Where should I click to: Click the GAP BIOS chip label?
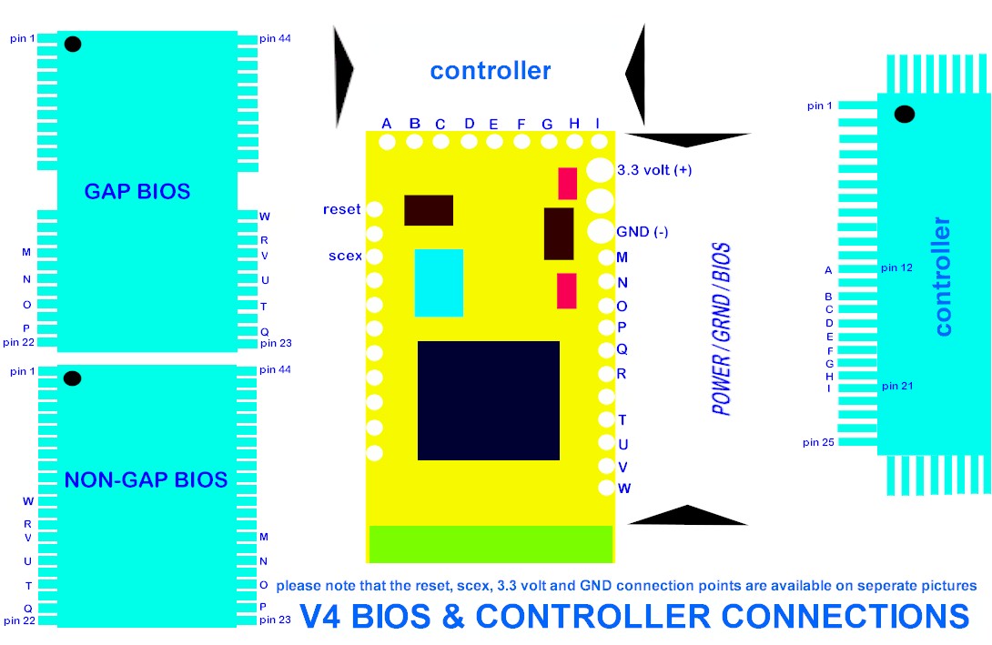coord(137,192)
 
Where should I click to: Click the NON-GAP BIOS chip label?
coord(146,479)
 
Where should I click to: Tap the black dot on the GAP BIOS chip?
coord(73,44)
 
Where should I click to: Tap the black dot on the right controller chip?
coord(904,115)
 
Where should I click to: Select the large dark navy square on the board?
coord(488,400)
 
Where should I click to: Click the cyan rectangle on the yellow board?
coord(439,283)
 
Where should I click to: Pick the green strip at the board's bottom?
coord(491,544)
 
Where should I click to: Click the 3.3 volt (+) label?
coord(653,170)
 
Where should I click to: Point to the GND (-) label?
coord(643,232)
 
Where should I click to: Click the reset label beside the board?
coord(341,210)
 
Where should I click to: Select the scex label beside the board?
coord(345,256)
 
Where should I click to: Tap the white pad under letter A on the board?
coord(387,141)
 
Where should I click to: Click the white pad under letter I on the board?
coord(598,141)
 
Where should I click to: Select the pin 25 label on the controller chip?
coord(819,443)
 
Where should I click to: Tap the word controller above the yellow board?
coord(491,70)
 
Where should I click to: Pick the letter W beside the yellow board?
coord(624,489)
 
